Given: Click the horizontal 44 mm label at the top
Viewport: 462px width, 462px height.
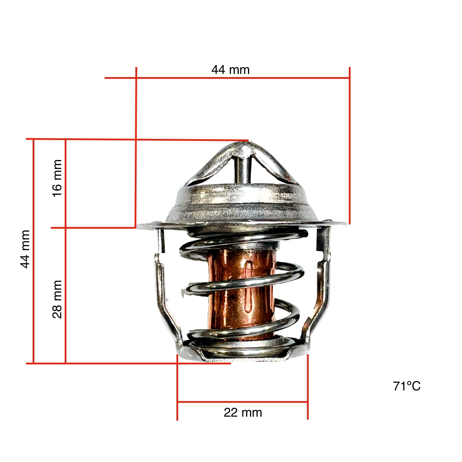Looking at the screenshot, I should click(x=230, y=70).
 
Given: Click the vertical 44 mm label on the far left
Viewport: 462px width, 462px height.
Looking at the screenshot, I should click(x=25, y=249).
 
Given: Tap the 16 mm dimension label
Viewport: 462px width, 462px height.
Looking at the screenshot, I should click(x=57, y=178).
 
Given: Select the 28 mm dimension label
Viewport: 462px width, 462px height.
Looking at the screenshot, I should click(x=57, y=299).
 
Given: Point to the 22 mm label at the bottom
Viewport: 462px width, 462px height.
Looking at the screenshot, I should click(x=243, y=412).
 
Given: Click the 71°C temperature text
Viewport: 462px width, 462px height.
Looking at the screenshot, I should click(x=407, y=386).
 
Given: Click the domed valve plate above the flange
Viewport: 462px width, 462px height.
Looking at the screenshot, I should click(x=243, y=202).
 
